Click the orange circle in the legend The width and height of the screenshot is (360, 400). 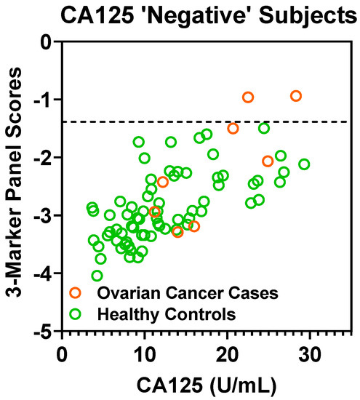click(75, 294)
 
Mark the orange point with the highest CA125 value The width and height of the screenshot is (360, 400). click(296, 96)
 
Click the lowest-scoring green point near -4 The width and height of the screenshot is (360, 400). click(97, 276)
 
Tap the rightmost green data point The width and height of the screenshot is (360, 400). click(304, 164)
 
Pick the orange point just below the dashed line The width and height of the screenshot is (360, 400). click(233, 128)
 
